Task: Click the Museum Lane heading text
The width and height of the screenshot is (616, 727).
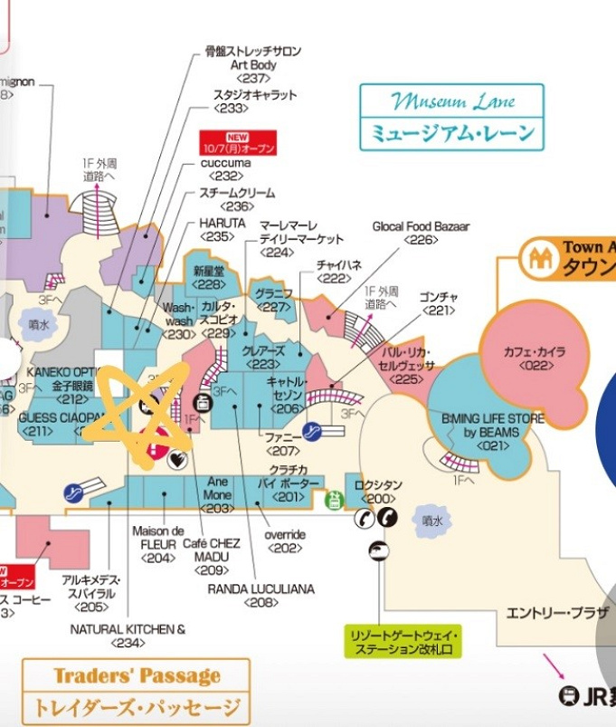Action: pyautogui.click(x=451, y=100)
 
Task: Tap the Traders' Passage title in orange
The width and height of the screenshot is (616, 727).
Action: pyautogui.click(x=137, y=675)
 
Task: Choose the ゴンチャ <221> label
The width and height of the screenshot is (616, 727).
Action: pyautogui.click(x=439, y=303)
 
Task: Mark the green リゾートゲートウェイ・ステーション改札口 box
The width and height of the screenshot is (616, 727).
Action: pyautogui.click(x=404, y=643)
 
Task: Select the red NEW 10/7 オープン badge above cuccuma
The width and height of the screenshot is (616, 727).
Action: pyautogui.click(x=236, y=142)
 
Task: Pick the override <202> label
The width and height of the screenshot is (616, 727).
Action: pyautogui.click(x=285, y=540)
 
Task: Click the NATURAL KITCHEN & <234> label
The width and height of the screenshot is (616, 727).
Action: pyautogui.click(x=128, y=636)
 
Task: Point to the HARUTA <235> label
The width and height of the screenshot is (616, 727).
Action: pyautogui.click(x=221, y=229)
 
